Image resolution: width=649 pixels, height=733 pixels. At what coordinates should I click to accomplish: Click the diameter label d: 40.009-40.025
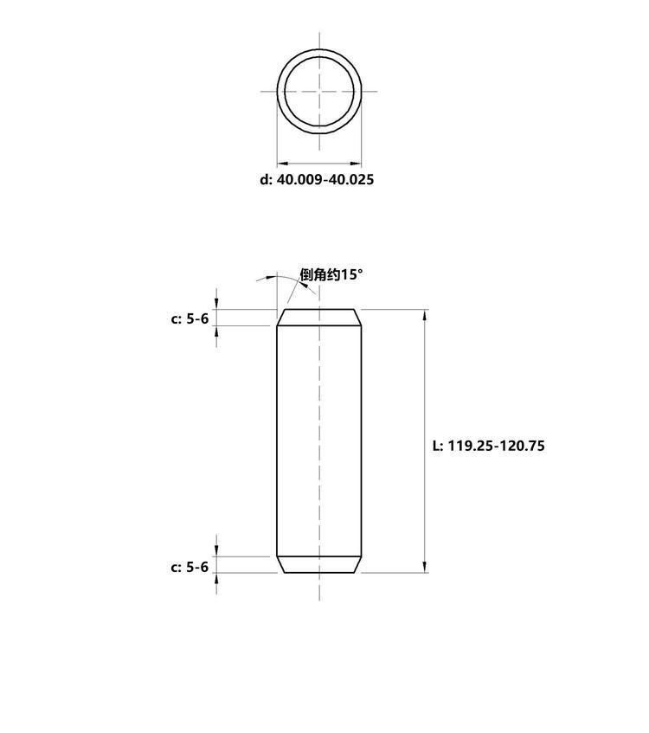coord(317,179)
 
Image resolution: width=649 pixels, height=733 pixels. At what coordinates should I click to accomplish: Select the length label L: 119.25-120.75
coord(489,446)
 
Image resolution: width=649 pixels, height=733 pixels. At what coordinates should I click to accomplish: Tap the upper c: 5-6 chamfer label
coord(190,318)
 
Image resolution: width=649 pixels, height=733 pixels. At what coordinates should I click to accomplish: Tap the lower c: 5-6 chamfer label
coord(190,567)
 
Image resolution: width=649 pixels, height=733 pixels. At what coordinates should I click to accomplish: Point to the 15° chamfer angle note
coord(331,274)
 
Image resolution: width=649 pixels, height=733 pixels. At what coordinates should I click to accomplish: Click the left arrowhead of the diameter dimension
coord(282,164)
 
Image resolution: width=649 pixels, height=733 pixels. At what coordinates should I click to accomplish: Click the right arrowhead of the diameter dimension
coord(356,164)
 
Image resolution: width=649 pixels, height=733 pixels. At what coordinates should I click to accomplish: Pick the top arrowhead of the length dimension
coord(425,315)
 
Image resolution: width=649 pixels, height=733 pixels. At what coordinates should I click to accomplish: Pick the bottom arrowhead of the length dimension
coord(425,567)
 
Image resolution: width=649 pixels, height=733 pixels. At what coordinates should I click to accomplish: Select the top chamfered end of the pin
coord(319,318)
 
